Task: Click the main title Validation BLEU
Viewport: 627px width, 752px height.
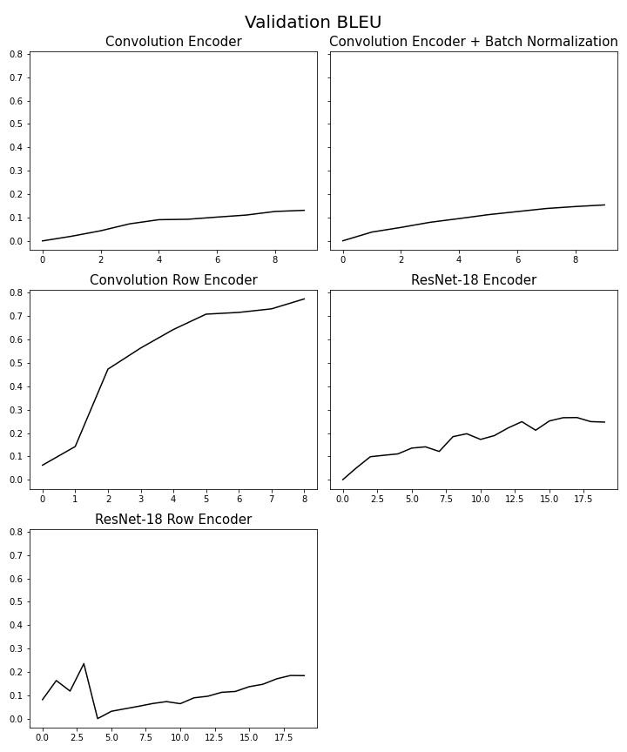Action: point(313,23)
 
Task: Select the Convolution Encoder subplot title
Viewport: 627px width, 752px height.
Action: point(173,42)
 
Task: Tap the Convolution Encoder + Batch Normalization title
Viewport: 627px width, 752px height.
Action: point(473,42)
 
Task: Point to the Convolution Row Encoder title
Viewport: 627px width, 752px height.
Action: point(173,280)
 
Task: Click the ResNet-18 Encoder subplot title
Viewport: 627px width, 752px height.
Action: point(473,280)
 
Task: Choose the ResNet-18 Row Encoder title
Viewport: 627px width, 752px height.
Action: point(173,520)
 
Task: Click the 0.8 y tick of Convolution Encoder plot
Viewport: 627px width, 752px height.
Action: point(15,54)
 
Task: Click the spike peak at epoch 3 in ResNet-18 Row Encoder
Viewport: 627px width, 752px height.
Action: point(84,664)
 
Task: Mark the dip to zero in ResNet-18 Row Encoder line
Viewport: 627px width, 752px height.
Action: point(98,718)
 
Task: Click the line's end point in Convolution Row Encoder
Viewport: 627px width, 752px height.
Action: point(304,299)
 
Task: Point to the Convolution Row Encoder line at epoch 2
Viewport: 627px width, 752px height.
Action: point(108,369)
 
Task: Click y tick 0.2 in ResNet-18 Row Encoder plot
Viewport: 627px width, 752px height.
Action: point(15,672)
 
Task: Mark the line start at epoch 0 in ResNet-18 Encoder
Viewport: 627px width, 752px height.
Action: point(343,480)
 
